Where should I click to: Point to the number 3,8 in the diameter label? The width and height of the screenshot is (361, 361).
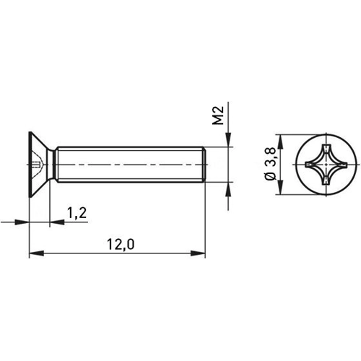pyautogui.click(x=270, y=160)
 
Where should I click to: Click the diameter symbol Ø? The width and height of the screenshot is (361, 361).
pyautogui.click(x=270, y=178)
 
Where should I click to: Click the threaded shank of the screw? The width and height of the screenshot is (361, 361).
pyautogui.click(x=130, y=165)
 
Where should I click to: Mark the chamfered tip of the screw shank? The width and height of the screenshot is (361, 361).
pyautogui.click(x=205, y=165)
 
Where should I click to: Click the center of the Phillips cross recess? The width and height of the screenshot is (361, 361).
pyautogui.click(x=319, y=165)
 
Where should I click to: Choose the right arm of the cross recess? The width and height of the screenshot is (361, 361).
pyautogui.click(x=336, y=165)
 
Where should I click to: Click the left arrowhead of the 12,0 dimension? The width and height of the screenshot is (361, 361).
pyautogui.click(x=34, y=253)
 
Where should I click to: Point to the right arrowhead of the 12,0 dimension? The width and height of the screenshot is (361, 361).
pyautogui.click(x=201, y=253)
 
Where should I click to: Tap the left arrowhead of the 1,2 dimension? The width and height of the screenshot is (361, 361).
pyautogui.click(x=24, y=222)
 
